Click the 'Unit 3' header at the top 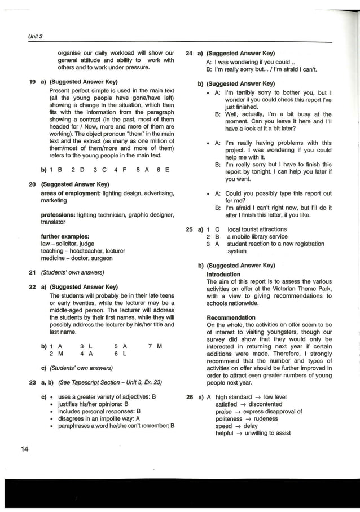pos(36,37)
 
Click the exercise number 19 pos(33,82)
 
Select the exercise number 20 pos(33,184)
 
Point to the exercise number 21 pos(33,272)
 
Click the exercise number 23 pos(33,382)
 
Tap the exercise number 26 pos(190,397)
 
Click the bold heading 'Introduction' pos(223,275)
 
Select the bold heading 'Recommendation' pos(231,317)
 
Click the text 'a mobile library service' pos(257,237)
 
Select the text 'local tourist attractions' pos(257,229)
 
